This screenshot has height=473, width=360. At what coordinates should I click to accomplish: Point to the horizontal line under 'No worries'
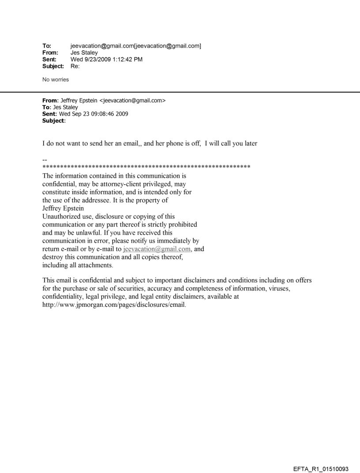(180, 92)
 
